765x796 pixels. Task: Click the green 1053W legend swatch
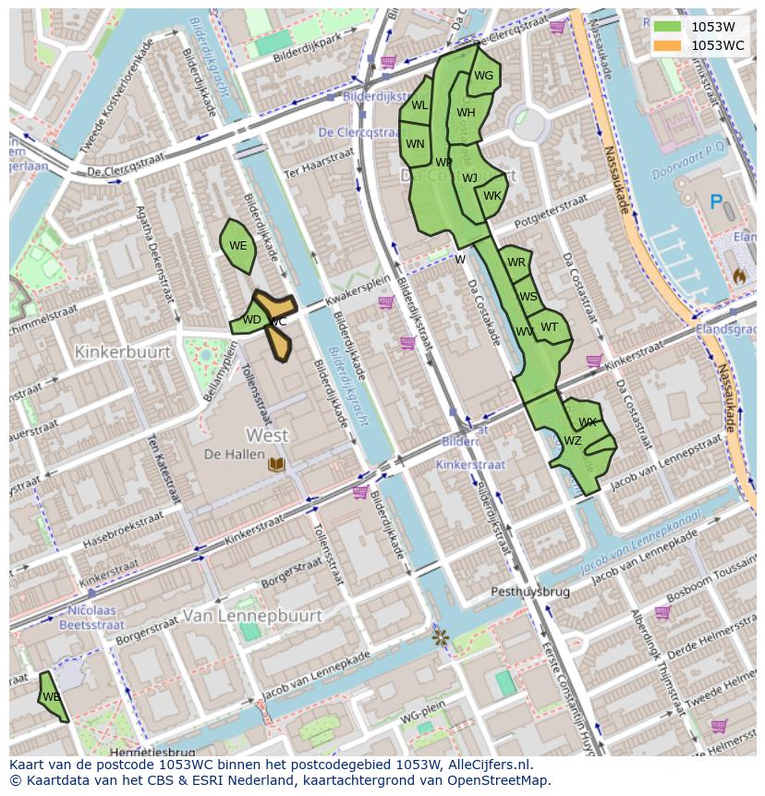tap(666, 27)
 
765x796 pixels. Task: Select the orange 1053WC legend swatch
tap(666, 45)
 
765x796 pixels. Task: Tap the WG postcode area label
tap(483, 76)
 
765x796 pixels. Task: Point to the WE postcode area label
tap(237, 246)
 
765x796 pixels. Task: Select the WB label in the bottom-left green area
tap(51, 696)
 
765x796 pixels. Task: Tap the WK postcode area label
tap(492, 196)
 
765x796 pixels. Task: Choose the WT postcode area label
tap(549, 326)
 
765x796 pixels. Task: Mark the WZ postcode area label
tap(572, 441)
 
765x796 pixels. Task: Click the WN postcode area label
tap(415, 143)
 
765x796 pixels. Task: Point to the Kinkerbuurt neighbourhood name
tap(123, 352)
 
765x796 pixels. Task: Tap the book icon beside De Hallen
tap(275, 463)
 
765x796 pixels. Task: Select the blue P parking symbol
tap(715, 202)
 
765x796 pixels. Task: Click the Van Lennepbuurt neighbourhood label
tap(252, 615)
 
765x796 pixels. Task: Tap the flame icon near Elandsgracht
tap(739, 276)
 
